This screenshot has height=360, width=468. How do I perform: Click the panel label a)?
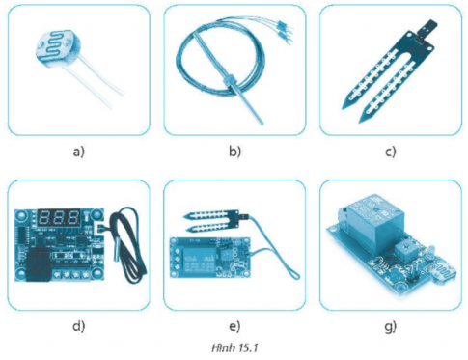pos(79,152)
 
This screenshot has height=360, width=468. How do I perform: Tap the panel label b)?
pos(234,152)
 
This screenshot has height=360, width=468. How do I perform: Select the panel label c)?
pos(391,152)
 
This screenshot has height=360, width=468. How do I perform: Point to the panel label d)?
pos(79,326)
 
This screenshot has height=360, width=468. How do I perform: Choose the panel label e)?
pos(234,326)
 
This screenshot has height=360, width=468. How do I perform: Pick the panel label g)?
pos(391,327)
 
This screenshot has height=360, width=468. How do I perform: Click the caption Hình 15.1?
pos(235,348)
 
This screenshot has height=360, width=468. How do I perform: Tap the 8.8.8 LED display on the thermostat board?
pos(59,218)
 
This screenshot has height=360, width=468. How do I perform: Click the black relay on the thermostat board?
pos(39,265)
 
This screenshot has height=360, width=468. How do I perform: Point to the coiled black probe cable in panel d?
pos(128,248)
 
